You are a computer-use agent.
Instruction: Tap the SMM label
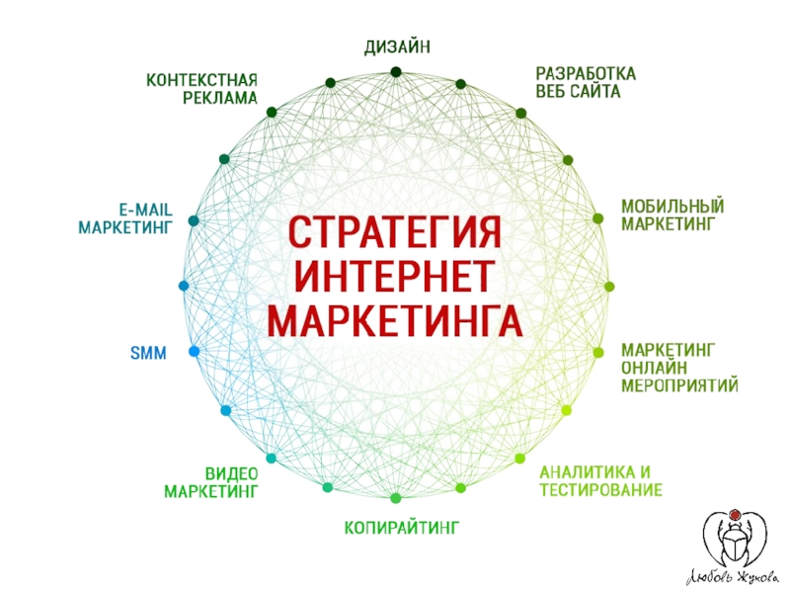(148, 353)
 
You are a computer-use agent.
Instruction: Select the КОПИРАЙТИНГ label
(402, 531)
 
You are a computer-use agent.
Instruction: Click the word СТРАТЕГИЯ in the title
(395, 235)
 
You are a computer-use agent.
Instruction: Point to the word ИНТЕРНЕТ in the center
(395, 278)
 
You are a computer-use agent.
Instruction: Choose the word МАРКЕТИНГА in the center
(395, 320)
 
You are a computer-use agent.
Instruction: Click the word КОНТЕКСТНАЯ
(201, 80)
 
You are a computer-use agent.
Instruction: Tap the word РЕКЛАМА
(219, 98)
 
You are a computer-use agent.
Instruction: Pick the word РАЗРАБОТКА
(586, 75)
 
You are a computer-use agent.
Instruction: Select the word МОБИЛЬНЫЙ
(672, 207)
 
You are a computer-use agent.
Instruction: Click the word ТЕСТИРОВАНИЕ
(600, 490)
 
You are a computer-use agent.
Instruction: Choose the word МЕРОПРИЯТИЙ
(679, 384)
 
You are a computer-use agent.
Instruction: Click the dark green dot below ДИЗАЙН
(395, 71)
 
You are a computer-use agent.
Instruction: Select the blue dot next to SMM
(194, 352)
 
